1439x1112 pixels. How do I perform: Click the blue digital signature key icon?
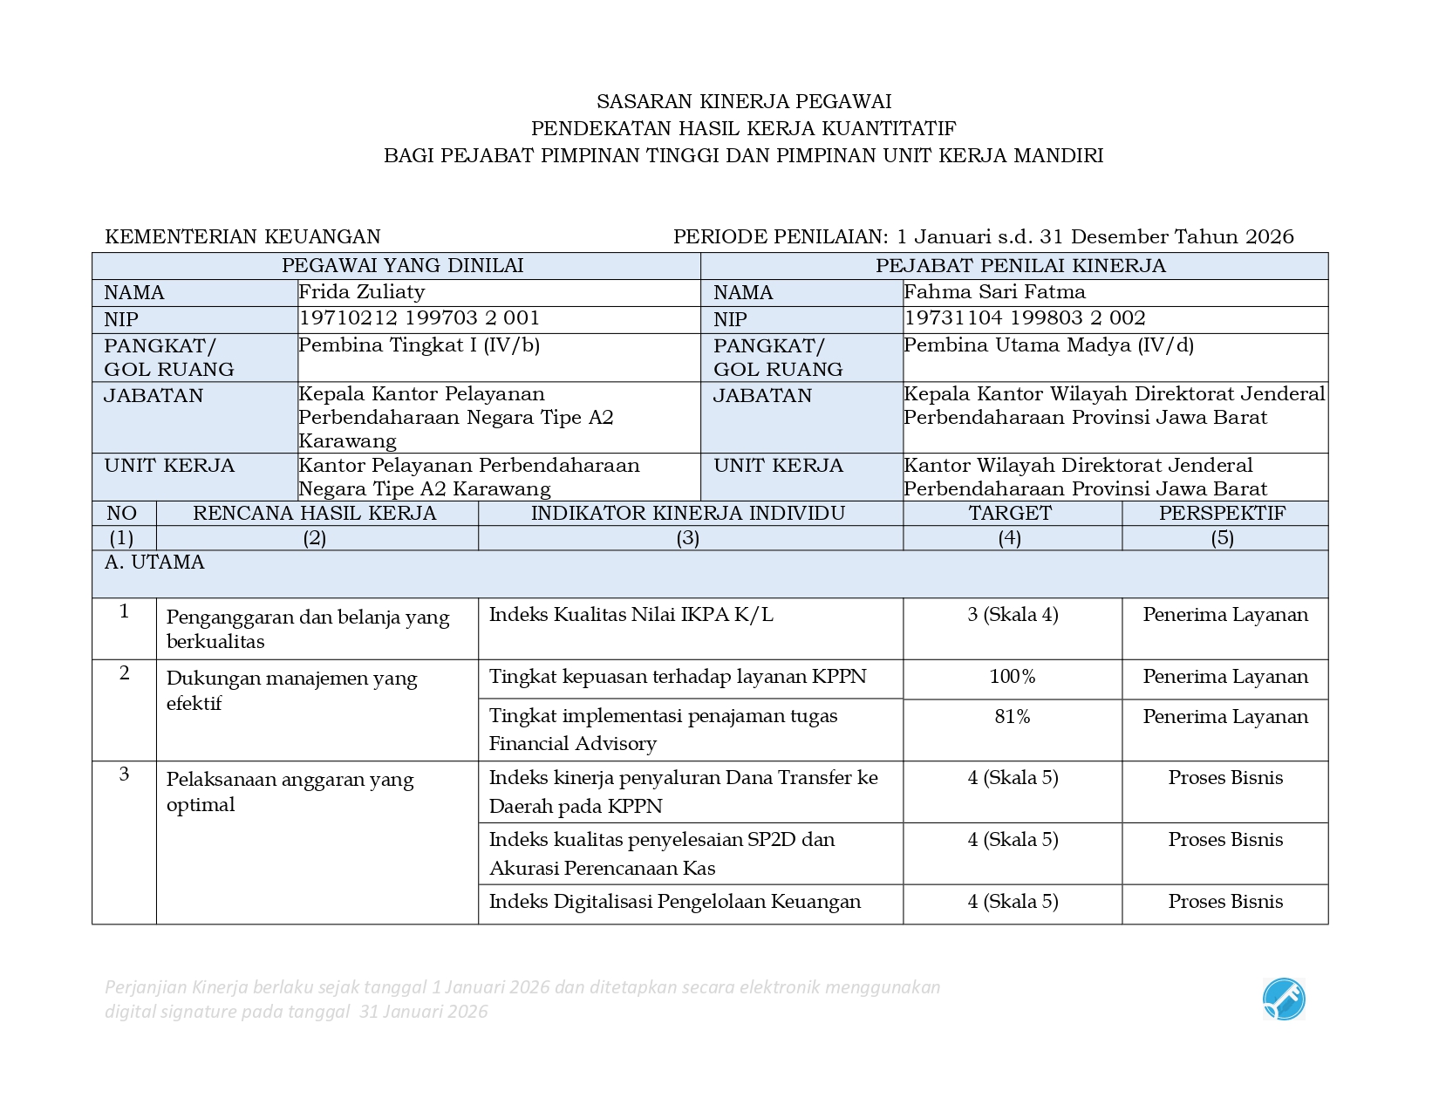pyautogui.click(x=1283, y=999)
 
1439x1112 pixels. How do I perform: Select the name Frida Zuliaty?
pyautogui.click(x=361, y=292)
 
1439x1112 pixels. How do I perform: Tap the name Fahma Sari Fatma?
pyautogui.click(x=994, y=292)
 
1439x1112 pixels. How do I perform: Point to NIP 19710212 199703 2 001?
pyautogui.click(x=419, y=318)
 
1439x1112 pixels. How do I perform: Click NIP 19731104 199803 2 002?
pyautogui.click(x=1024, y=318)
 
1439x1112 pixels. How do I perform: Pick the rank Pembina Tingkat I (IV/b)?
pyautogui.click(x=419, y=345)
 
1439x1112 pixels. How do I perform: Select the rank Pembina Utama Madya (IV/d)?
pyautogui.click(x=1048, y=345)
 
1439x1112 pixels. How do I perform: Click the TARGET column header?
pyautogui.click(x=1010, y=513)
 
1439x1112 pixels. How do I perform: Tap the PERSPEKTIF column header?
pyautogui.click(x=1222, y=513)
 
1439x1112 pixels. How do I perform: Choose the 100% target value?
pyautogui.click(x=1012, y=677)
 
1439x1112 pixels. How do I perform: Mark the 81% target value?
pyautogui.click(x=1012, y=717)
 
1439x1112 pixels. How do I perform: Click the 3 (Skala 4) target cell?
pyautogui.click(x=1012, y=615)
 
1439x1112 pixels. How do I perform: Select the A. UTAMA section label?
pyautogui.click(x=154, y=563)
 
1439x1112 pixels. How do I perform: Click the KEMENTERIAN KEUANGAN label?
pyautogui.click(x=242, y=237)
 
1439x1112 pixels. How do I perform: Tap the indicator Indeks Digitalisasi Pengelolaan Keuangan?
pyautogui.click(x=674, y=902)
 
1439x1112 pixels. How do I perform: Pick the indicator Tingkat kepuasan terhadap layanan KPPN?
pyautogui.click(x=677, y=677)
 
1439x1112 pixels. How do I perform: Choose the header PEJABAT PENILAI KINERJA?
pyautogui.click(x=1020, y=266)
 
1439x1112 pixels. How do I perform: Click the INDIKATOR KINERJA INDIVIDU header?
pyautogui.click(x=688, y=513)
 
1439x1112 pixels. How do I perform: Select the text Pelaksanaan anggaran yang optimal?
pyautogui.click(x=290, y=792)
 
